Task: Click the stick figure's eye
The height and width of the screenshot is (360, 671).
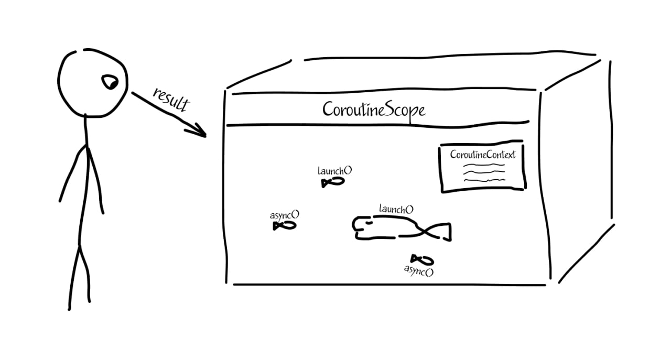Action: [x=110, y=82]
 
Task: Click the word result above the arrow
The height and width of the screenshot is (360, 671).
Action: [x=170, y=99]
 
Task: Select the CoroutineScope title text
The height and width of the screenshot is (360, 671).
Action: [x=373, y=110]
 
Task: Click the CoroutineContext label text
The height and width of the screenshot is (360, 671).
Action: [x=483, y=155]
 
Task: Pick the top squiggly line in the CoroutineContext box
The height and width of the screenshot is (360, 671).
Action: [x=483, y=165]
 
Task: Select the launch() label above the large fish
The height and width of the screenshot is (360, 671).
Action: [x=396, y=210]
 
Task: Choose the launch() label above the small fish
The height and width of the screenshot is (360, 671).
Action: [x=334, y=171]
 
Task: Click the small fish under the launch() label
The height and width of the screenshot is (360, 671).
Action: [x=333, y=182]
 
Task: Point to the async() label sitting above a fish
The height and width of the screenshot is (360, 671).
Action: [x=285, y=215]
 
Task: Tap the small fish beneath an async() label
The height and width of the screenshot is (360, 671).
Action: [x=284, y=225]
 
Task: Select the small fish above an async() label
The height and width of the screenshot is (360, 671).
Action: [x=422, y=259]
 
